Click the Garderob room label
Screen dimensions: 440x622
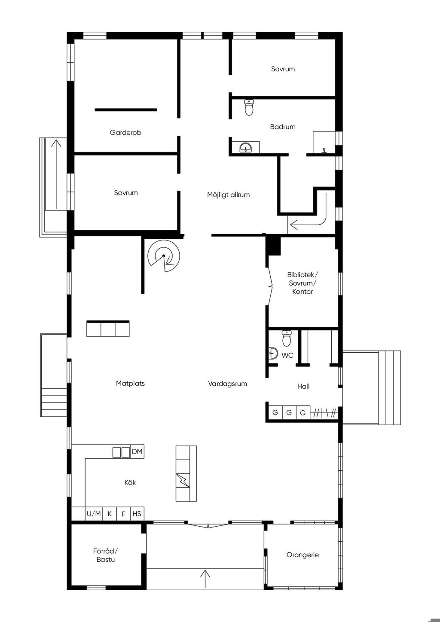click(x=125, y=132)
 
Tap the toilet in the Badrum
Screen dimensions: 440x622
click(x=249, y=107)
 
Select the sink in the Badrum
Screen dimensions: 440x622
click(x=245, y=147)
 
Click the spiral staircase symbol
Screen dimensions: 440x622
click(x=164, y=256)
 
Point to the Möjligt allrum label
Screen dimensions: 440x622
click(x=228, y=195)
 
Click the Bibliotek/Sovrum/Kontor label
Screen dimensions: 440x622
click(x=302, y=283)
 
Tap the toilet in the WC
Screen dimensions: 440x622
click(x=287, y=338)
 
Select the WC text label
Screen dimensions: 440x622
click(x=287, y=355)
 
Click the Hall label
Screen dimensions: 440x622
click(x=303, y=386)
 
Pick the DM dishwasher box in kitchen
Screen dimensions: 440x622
click(x=137, y=452)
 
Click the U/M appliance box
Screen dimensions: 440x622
click(x=94, y=514)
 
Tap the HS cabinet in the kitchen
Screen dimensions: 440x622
click(x=137, y=514)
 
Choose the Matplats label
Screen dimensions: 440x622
click(x=130, y=384)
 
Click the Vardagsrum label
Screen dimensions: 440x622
click(x=227, y=384)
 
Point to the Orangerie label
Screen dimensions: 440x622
click(x=302, y=555)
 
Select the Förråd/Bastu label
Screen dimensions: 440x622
click(x=106, y=555)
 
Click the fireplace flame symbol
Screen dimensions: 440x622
click(x=183, y=481)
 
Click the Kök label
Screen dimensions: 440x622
click(x=130, y=482)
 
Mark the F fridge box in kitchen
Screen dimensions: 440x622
click(x=123, y=514)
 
